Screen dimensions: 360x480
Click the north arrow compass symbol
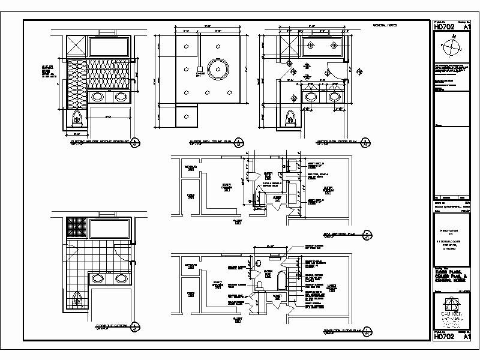pyautogui.click(x=454, y=46)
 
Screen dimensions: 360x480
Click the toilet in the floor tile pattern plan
pyautogui.click(x=77, y=298)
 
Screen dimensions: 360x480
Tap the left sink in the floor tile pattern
pyautogui.click(x=97, y=278)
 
